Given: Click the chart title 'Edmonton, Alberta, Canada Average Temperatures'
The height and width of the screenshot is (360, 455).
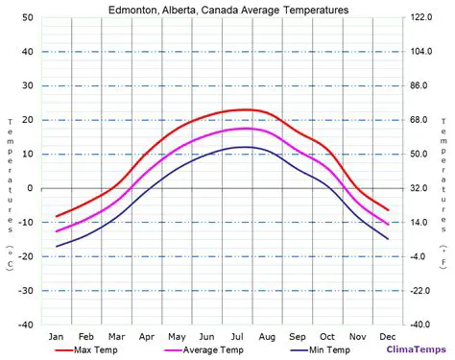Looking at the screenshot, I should pos(227,9).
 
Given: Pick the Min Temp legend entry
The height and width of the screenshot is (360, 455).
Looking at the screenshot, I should pos(327,349).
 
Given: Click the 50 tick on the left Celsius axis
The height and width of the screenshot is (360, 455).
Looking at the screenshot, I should pos(29,18).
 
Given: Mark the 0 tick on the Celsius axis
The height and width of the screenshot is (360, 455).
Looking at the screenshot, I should pos(32,188).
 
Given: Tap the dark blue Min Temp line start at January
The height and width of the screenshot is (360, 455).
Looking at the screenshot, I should pos(57,247).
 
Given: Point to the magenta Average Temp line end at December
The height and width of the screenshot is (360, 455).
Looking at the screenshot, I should pos(388,225).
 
